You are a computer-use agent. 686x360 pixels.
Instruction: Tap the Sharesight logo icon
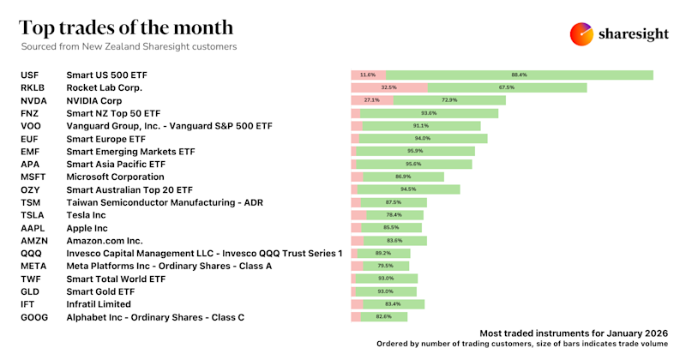coord(582,33)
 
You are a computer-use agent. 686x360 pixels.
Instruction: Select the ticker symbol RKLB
coord(33,87)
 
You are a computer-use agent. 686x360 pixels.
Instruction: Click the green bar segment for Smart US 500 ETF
coord(519,75)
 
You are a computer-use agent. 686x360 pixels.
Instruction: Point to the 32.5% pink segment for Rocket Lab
coord(389,87)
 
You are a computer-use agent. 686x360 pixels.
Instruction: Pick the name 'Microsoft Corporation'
coord(115,177)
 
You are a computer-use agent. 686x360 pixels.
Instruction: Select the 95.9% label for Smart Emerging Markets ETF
coord(416,151)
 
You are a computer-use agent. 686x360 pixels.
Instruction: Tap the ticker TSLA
coord(32,215)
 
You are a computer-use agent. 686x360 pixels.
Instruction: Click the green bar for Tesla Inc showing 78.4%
coord(396,215)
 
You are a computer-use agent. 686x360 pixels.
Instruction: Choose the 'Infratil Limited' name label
coord(99,303)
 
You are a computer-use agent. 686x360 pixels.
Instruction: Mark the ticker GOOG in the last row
coord(33,316)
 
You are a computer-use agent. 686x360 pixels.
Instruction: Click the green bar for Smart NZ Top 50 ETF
coord(429,113)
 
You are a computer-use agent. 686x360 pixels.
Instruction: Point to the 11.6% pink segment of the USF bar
coord(368,75)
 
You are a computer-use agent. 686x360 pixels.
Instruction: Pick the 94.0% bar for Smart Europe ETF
coord(423,138)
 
